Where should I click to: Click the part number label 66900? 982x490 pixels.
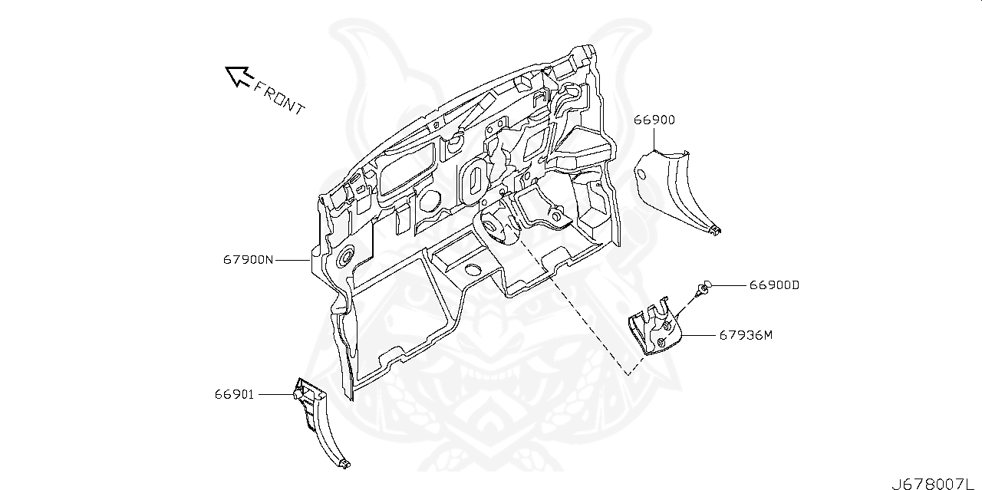pos(654,120)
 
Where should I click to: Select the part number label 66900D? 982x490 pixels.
pos(774,284)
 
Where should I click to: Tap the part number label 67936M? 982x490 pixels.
pos(745,335)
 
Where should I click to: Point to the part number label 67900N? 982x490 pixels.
pos(248,260)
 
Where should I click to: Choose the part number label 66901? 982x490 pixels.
pos(234,394)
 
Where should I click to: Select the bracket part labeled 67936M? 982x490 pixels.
pos(651,331)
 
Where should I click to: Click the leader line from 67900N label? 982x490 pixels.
pos(292,260)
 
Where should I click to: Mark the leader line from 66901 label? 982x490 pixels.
pos(275,394)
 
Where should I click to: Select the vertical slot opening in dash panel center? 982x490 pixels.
pos(476,178)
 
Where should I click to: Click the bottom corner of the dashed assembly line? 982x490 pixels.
pos(629,375)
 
